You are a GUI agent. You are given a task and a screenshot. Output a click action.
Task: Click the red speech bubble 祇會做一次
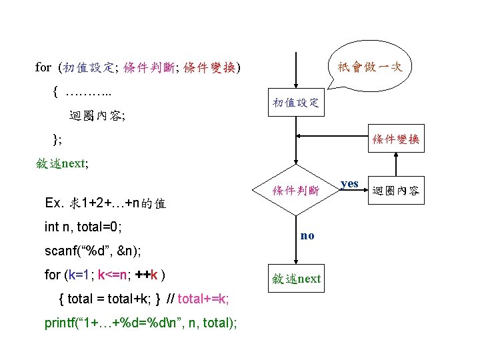pyautogui.click(x=370, y=67)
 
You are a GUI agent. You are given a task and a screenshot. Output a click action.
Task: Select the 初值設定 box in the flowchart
pyautogui.click(x=295, y=103)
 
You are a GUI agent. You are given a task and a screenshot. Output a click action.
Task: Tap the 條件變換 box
pyautogui.click(x=396, y=139)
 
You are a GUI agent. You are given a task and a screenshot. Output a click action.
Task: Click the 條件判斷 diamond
pyautogui.click(x=295, y=191)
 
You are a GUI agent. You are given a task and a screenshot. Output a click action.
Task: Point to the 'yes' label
pyautogui.click(x=349, y=183)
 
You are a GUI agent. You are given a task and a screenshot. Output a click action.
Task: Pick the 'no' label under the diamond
pyautogui.click(x=307, y=235)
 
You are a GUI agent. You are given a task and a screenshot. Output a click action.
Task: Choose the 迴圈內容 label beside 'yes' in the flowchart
pyautogui.click(x=395, y=191)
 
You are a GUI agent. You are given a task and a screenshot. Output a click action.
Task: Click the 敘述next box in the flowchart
pyautogui.click(x=295, y=279)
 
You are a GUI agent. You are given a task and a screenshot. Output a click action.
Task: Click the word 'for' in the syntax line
pyautogui.click(x=43, y=67)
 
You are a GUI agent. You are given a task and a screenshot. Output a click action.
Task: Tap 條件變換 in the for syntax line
pyautogui.click(x=209, y=67)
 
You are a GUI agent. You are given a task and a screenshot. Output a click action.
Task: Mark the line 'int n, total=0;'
pyautogui.click(x=83, y=227)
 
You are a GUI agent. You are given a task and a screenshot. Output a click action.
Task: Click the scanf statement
pyautogui.click(x=94, y=251)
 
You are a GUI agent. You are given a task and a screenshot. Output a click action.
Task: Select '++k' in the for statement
pyautogui.click(x=147, y=275)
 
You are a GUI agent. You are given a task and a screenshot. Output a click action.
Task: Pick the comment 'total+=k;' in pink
pyautogui.click(x=203, y=298)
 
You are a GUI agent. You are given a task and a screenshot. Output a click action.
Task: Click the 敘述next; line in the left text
pyautogui.click(x=63, y=163)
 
